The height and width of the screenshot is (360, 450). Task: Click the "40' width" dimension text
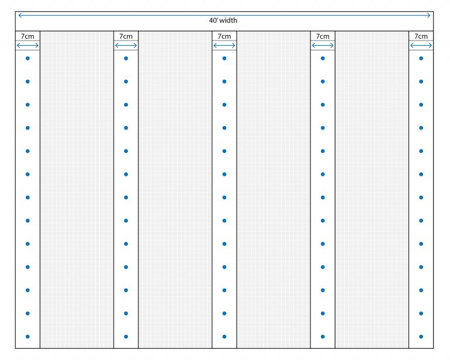pos(223,21)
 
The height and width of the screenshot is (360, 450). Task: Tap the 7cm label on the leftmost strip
pos(28,36)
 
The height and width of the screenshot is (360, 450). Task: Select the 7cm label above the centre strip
pos(224,36)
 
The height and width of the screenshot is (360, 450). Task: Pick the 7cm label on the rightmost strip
pos(421,36)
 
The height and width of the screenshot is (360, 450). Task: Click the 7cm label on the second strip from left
pos(126,36)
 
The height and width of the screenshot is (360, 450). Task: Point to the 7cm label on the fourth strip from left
pos(322,36)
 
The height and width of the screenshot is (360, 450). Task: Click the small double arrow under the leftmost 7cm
pos(28,45)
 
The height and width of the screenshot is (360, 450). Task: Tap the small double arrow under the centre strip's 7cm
pos(224,45)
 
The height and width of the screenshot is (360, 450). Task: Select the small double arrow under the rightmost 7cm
pos(421,45)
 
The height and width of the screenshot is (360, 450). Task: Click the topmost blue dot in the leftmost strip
pos(28,58)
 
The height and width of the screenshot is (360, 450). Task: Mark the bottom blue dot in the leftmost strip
pos(28,337)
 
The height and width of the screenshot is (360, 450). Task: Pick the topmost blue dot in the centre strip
pos(224,58)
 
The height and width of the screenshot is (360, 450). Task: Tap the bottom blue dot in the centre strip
pos(224,337)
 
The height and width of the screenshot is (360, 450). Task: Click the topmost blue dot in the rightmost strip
pos(421,58)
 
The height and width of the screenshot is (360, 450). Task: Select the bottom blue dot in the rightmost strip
pos(421,337)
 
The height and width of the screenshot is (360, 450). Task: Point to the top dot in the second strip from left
pos(126,58)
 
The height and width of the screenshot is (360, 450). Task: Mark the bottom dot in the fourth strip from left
pos(322,337)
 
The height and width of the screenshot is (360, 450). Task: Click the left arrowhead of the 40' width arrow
pos(19,15)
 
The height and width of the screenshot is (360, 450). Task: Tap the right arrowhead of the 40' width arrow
pos(429,15)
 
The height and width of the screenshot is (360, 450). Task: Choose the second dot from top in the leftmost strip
pos(28,81)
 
